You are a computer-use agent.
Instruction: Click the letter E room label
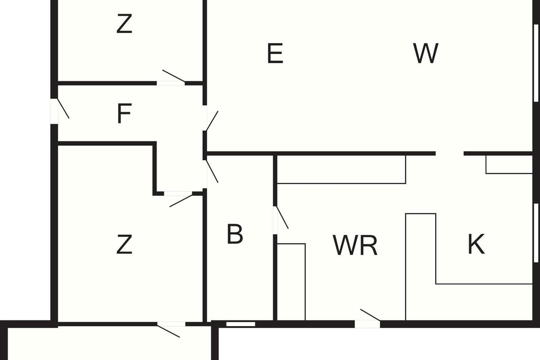[275, 54]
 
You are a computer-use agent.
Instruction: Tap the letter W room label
[425, 54]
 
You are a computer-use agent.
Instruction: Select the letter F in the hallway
[124, 114]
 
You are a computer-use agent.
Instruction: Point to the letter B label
[235, 234]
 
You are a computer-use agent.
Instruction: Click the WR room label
[355, 246]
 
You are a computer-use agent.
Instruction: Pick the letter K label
[476, 245]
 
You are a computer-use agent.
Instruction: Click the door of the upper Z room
[171, 82]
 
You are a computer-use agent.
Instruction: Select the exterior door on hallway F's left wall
[54, 111]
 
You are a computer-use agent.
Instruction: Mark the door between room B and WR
[275, 220]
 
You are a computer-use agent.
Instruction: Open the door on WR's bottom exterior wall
[367, 323]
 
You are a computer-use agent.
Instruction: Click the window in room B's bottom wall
[240, 324]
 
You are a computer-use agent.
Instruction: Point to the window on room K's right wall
[535, 232]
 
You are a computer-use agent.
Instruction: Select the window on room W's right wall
[535, 63]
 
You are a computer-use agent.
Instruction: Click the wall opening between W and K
[450, 154]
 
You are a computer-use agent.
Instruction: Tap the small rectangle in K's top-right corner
[509, 165]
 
